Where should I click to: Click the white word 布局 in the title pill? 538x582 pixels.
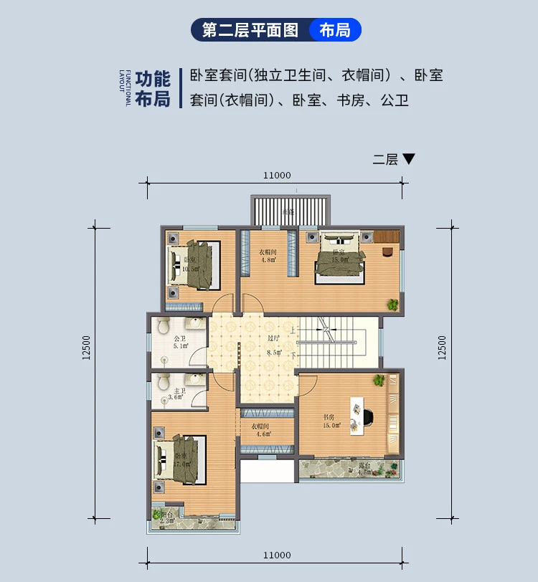coord(334,30)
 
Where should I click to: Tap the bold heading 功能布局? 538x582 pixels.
coord(152,89)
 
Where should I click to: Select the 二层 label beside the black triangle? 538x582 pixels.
coord(385,159)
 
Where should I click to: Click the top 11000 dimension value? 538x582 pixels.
coord(276,175)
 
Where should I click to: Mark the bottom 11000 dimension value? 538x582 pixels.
coord(276,555)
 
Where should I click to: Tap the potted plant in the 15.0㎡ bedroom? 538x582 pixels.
coord(393,305)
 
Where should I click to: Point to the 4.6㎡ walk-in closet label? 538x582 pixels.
coord(261,430)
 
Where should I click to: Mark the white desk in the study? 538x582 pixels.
coord(356,414)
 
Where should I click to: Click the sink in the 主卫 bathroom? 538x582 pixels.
coord(192,381)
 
